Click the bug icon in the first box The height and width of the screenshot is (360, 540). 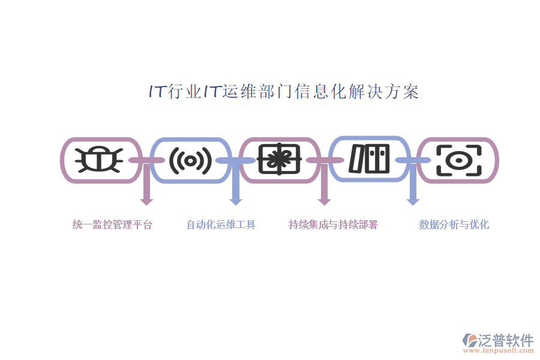99,160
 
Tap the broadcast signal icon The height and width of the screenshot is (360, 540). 190,161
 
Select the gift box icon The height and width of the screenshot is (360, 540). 279,159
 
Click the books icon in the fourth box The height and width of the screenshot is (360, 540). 369,158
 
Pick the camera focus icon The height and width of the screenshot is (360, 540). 459,161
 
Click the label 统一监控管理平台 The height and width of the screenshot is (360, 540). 112,224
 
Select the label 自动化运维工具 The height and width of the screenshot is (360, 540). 221,224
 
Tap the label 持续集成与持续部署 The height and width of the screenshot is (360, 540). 333,224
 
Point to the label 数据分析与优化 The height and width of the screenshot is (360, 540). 454,224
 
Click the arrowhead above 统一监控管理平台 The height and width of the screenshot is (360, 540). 146,202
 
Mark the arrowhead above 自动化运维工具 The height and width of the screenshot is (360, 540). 236,202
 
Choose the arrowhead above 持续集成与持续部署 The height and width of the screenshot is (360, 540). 324,202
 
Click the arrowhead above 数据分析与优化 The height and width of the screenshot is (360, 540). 413,202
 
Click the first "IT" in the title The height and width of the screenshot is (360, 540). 157,91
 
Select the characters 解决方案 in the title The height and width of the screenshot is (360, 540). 383,92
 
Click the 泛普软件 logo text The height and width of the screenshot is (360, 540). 506,340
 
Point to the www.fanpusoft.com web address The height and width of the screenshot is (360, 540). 498,350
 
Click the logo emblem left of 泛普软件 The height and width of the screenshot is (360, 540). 470,340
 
